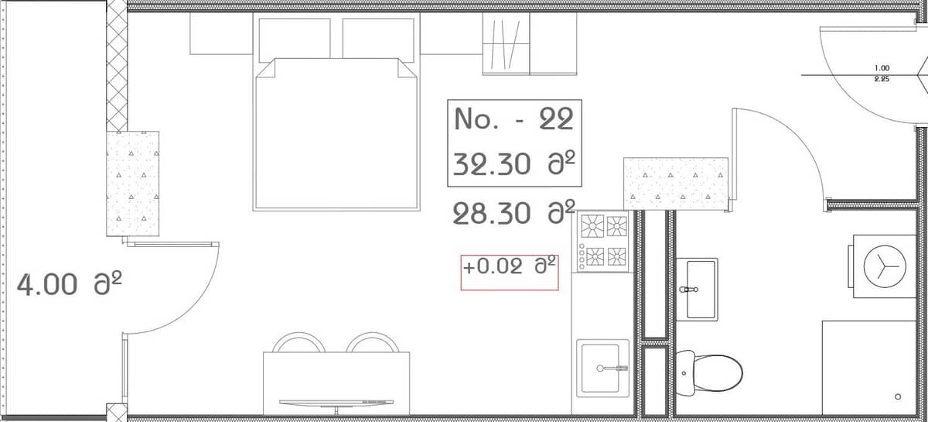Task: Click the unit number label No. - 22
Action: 513,119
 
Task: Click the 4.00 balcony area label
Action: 47,285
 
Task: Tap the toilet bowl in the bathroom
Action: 708,371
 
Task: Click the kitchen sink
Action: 602,369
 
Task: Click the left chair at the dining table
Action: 298,343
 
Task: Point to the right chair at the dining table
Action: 372,343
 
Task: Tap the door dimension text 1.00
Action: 881,68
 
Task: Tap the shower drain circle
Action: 897,396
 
